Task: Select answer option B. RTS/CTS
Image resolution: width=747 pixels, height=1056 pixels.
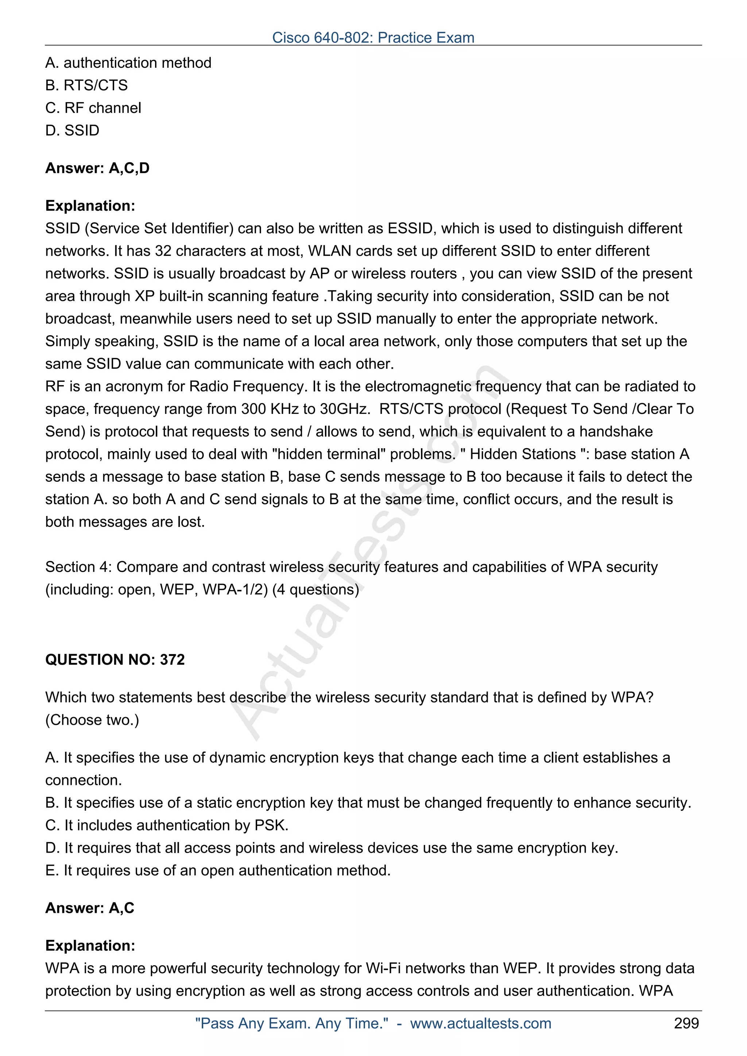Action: pos(86,85)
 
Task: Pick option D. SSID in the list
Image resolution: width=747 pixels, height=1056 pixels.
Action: pos(72,130)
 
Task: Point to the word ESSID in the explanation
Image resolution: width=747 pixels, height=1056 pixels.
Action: pos(410,228)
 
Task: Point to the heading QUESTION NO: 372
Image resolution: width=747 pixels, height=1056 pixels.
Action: pos(115,660)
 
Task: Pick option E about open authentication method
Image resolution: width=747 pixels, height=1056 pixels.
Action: pos(218,870)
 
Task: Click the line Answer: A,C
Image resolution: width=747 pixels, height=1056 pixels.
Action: pos(90,908)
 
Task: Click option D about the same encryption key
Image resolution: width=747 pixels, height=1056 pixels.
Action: pos(332,848)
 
